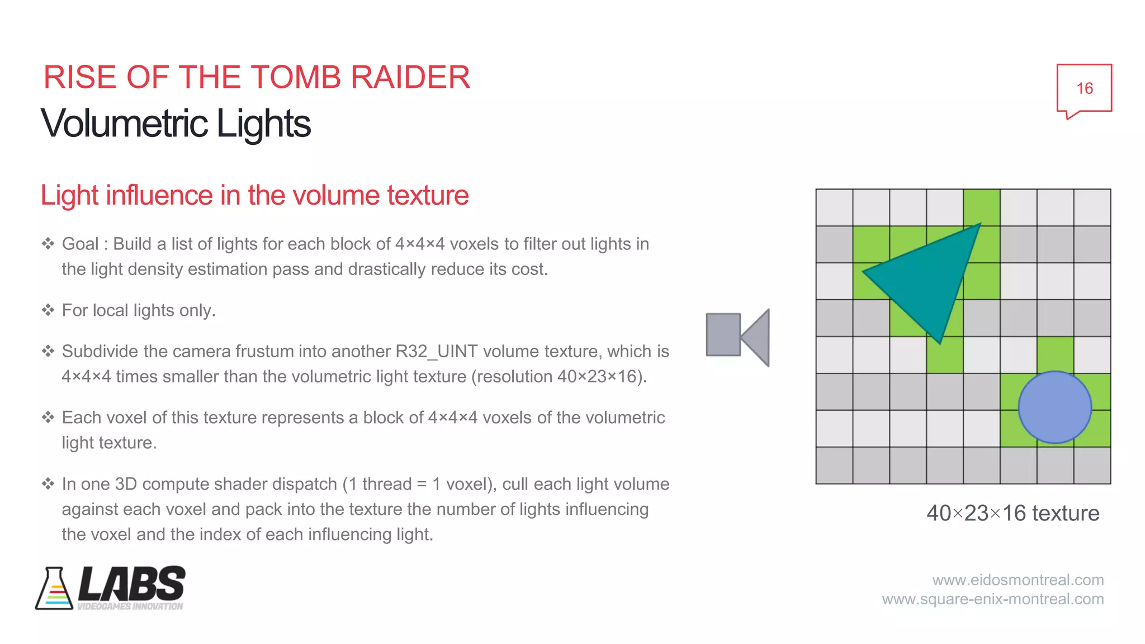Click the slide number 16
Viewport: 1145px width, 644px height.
(x=1084, y=88)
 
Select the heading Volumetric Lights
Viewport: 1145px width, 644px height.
(x=176, y=124)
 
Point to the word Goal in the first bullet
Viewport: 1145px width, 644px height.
(x=80, y=244)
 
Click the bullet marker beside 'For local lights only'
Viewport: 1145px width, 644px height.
(x=48, y=310)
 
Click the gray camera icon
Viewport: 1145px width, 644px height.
(x=737, y=337)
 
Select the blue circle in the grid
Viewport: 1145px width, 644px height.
(x=1054, y=408)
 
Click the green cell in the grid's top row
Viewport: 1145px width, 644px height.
(x=981, y=207)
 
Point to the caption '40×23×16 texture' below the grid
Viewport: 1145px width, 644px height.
(x=1012, y=513)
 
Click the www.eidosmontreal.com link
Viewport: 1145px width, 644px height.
(x=1018, y=580)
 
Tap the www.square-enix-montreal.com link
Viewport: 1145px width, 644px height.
(x=992, y=599)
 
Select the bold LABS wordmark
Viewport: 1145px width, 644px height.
(x=132, y=584)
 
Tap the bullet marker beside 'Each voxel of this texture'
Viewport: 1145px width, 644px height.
(x=48, y=418)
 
